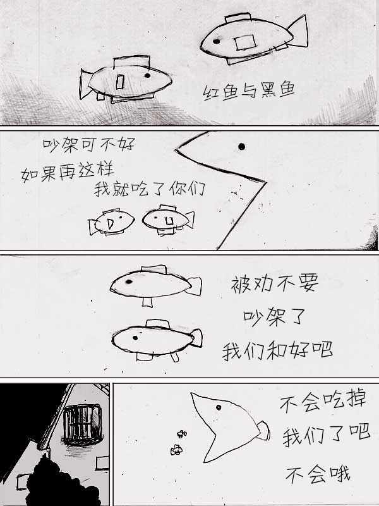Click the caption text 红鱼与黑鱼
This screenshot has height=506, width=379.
249,90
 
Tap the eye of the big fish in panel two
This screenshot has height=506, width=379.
241,147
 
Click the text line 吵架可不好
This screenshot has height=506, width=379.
88,145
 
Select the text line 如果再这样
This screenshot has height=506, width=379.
68,173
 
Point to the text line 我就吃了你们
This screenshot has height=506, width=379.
150,188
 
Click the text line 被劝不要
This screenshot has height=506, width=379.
275,283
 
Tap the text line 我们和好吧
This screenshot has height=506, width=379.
277,350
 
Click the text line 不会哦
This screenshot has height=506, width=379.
318,474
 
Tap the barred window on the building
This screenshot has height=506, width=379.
83,424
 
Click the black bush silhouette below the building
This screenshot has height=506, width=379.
61,481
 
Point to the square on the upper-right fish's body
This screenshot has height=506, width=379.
245,42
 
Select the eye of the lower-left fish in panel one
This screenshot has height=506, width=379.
147,75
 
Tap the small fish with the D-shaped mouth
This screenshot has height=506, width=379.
112,222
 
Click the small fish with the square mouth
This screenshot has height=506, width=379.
168,219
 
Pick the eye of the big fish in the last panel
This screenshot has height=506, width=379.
219,407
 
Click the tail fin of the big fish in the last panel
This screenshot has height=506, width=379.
263,431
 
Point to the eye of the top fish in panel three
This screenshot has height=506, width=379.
129,281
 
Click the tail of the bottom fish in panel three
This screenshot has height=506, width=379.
196,338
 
